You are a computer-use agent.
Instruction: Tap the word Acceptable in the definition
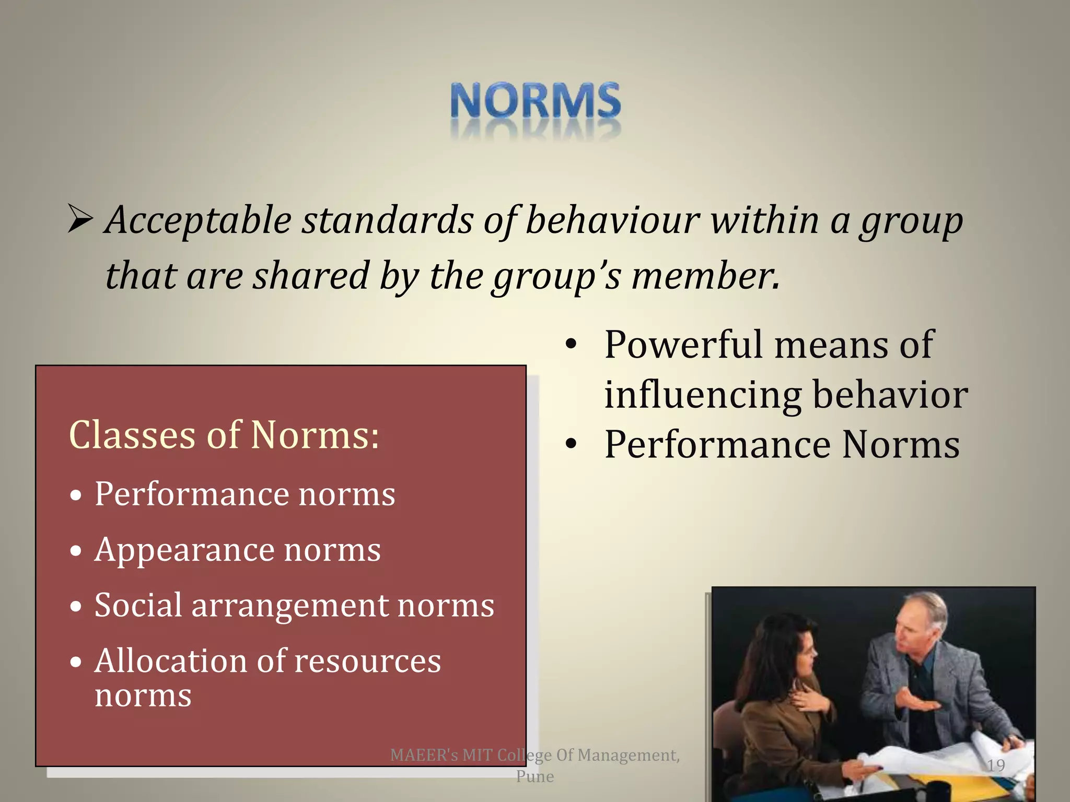tap(198, 221)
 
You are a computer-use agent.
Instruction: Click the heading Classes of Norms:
tap(224, 435)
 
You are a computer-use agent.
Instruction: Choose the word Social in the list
tap(138, 605)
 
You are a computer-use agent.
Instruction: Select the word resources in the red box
tap(368, 661)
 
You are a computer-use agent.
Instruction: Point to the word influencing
tap(703, 395)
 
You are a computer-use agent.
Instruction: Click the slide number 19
tap(996, 765)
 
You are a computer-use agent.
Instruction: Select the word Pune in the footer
tap(535, 776)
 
